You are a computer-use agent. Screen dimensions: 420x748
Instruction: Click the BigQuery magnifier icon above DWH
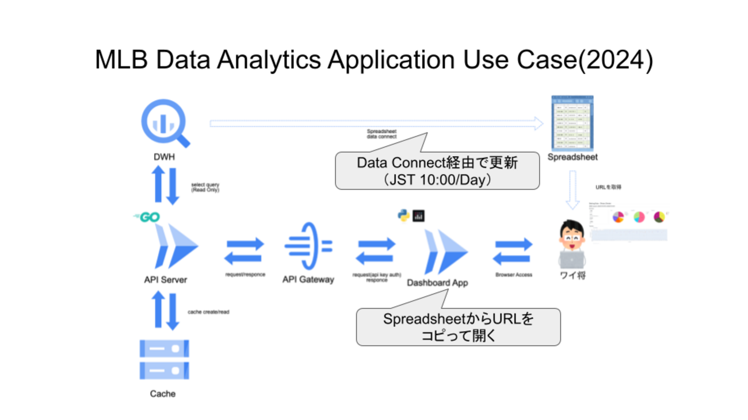click(165, 123)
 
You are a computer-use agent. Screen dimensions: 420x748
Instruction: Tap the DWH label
click(165, 156)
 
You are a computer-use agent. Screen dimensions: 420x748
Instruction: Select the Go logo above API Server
click(146, 217)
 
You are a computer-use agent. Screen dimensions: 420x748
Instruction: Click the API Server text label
click(165, 280)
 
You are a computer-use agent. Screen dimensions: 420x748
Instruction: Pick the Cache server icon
click(164, 359)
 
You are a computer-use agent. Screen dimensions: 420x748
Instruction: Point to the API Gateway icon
click(308, 246)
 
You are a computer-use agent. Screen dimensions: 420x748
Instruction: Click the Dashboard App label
click(437, 283)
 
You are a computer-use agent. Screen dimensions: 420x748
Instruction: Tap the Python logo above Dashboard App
click(403, 216)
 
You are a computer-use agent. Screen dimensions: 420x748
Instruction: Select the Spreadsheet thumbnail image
click(572, 124)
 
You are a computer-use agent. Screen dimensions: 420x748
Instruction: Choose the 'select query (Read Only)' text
click(205, 187)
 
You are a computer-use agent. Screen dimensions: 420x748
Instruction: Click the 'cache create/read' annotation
click(208, 312)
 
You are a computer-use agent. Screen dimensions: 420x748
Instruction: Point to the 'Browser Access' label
click(513, 275)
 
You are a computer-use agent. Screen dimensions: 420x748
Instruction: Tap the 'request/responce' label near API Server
click(245, 275)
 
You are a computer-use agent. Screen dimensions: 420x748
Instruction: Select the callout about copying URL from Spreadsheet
click(458, 326)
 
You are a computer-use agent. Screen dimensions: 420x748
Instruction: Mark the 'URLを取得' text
click(608, 187)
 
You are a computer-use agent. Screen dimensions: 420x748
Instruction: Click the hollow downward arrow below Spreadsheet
click(573, 190)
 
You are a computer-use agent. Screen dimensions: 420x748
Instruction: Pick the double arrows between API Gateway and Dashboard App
click(375, 251)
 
